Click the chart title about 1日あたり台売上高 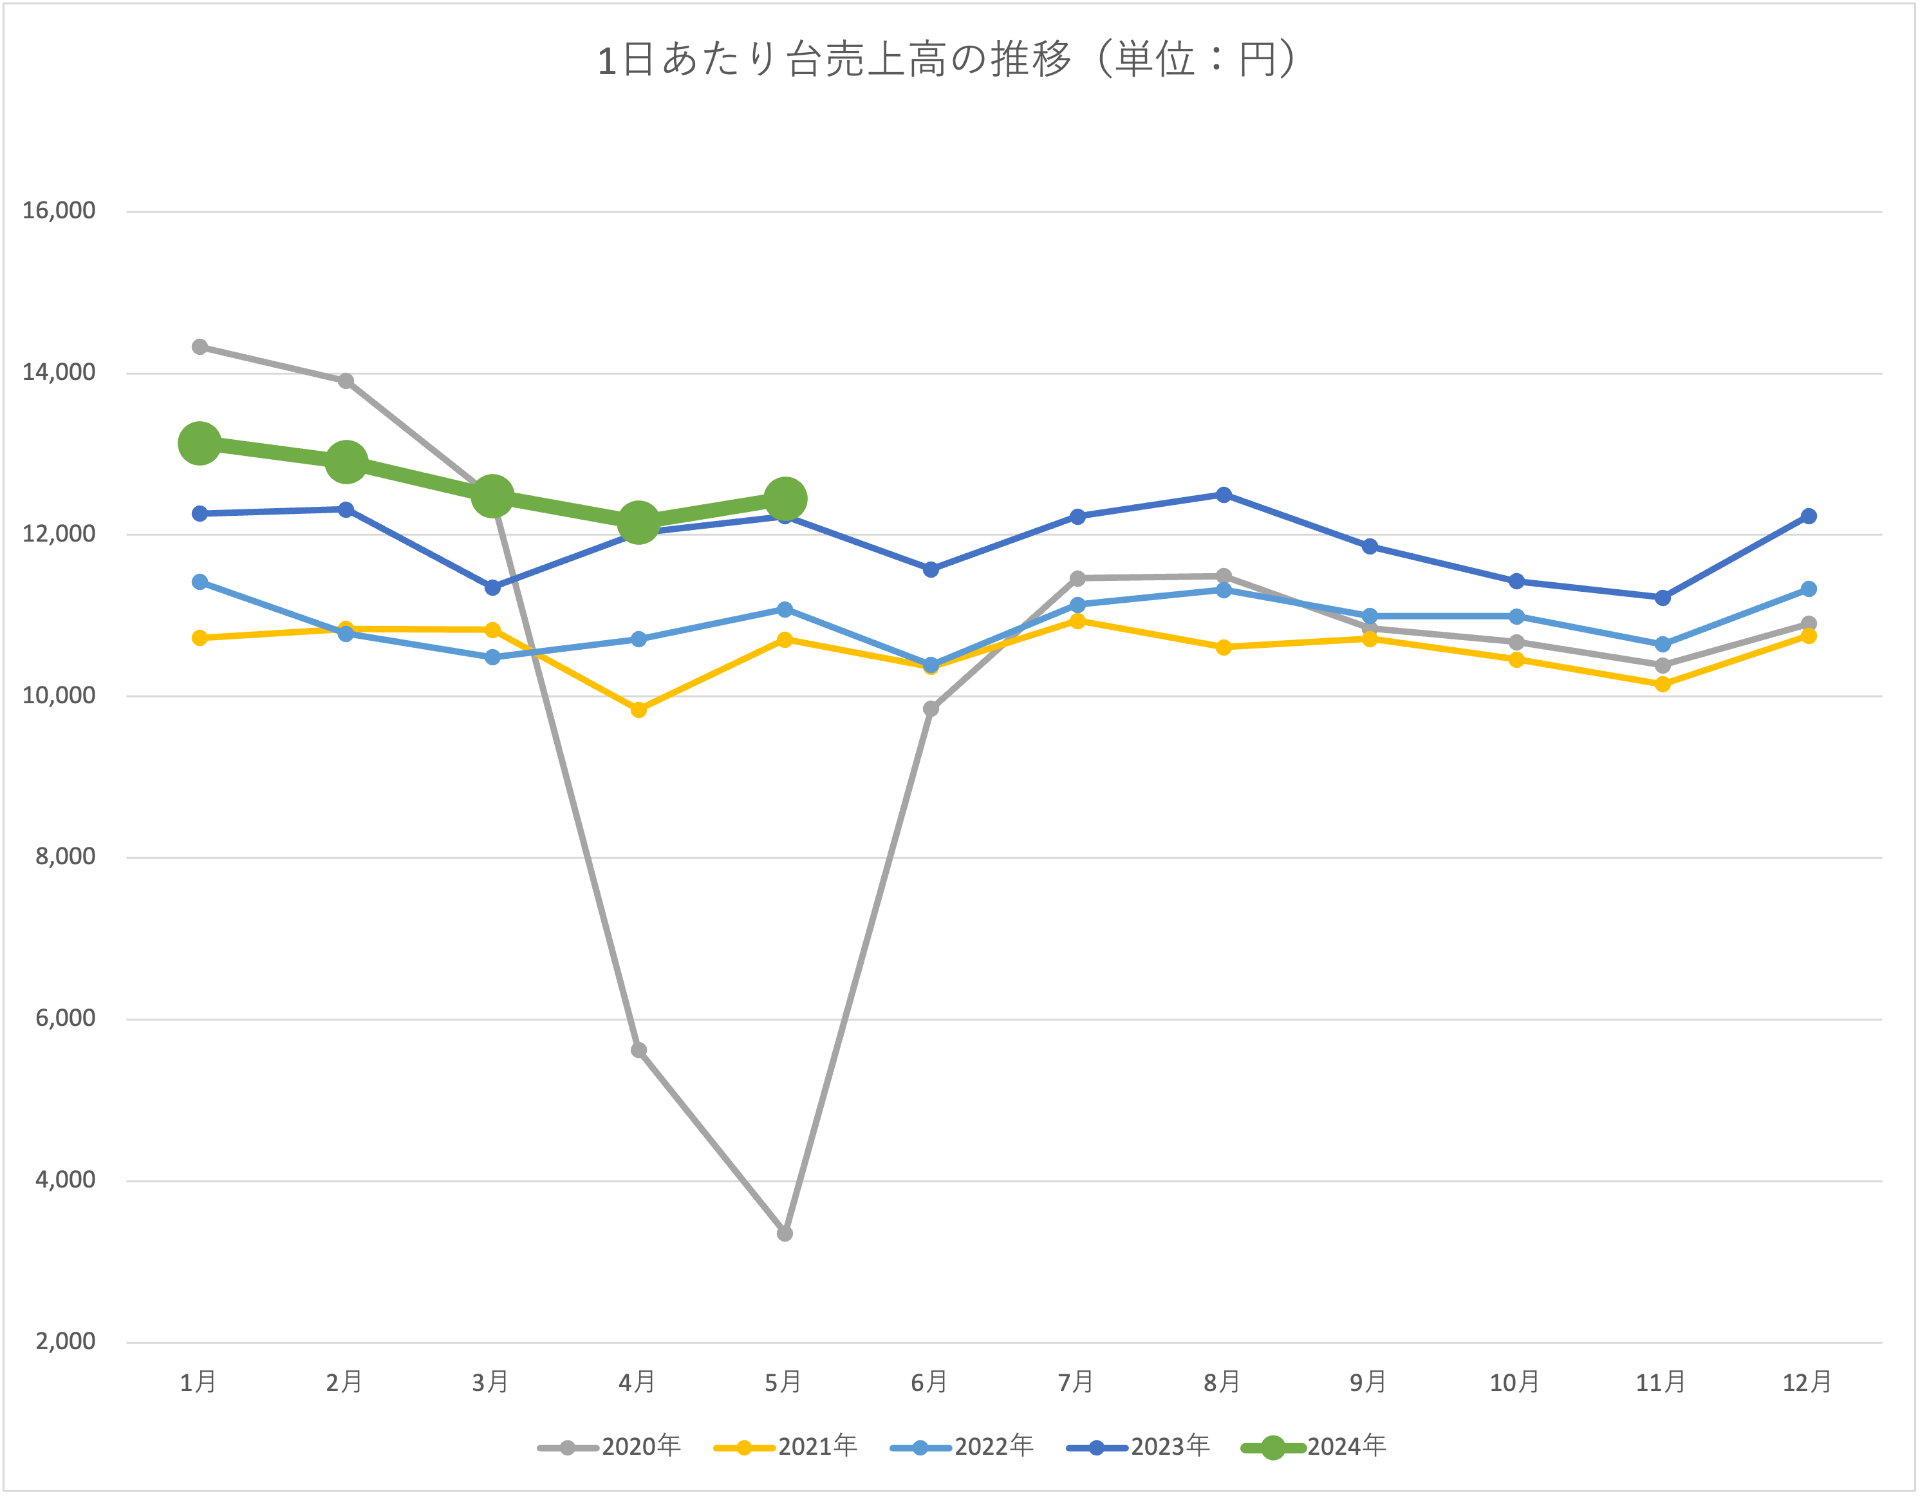pos(947,60)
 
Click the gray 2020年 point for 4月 pos(639,1050)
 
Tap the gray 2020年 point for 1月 pos(200,346)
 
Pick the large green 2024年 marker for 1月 pos(200,442)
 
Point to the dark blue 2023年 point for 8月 pos(1224,495)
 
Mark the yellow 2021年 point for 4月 pos(639,710)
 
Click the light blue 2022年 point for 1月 pos(200,582)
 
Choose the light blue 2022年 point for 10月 pos(1516,616)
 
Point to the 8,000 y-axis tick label pos(65,857)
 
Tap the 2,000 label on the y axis pos(65,1341)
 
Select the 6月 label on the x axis pos(929,1383)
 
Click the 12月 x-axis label pos(1807,1383)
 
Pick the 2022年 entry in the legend pos(964,1447)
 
